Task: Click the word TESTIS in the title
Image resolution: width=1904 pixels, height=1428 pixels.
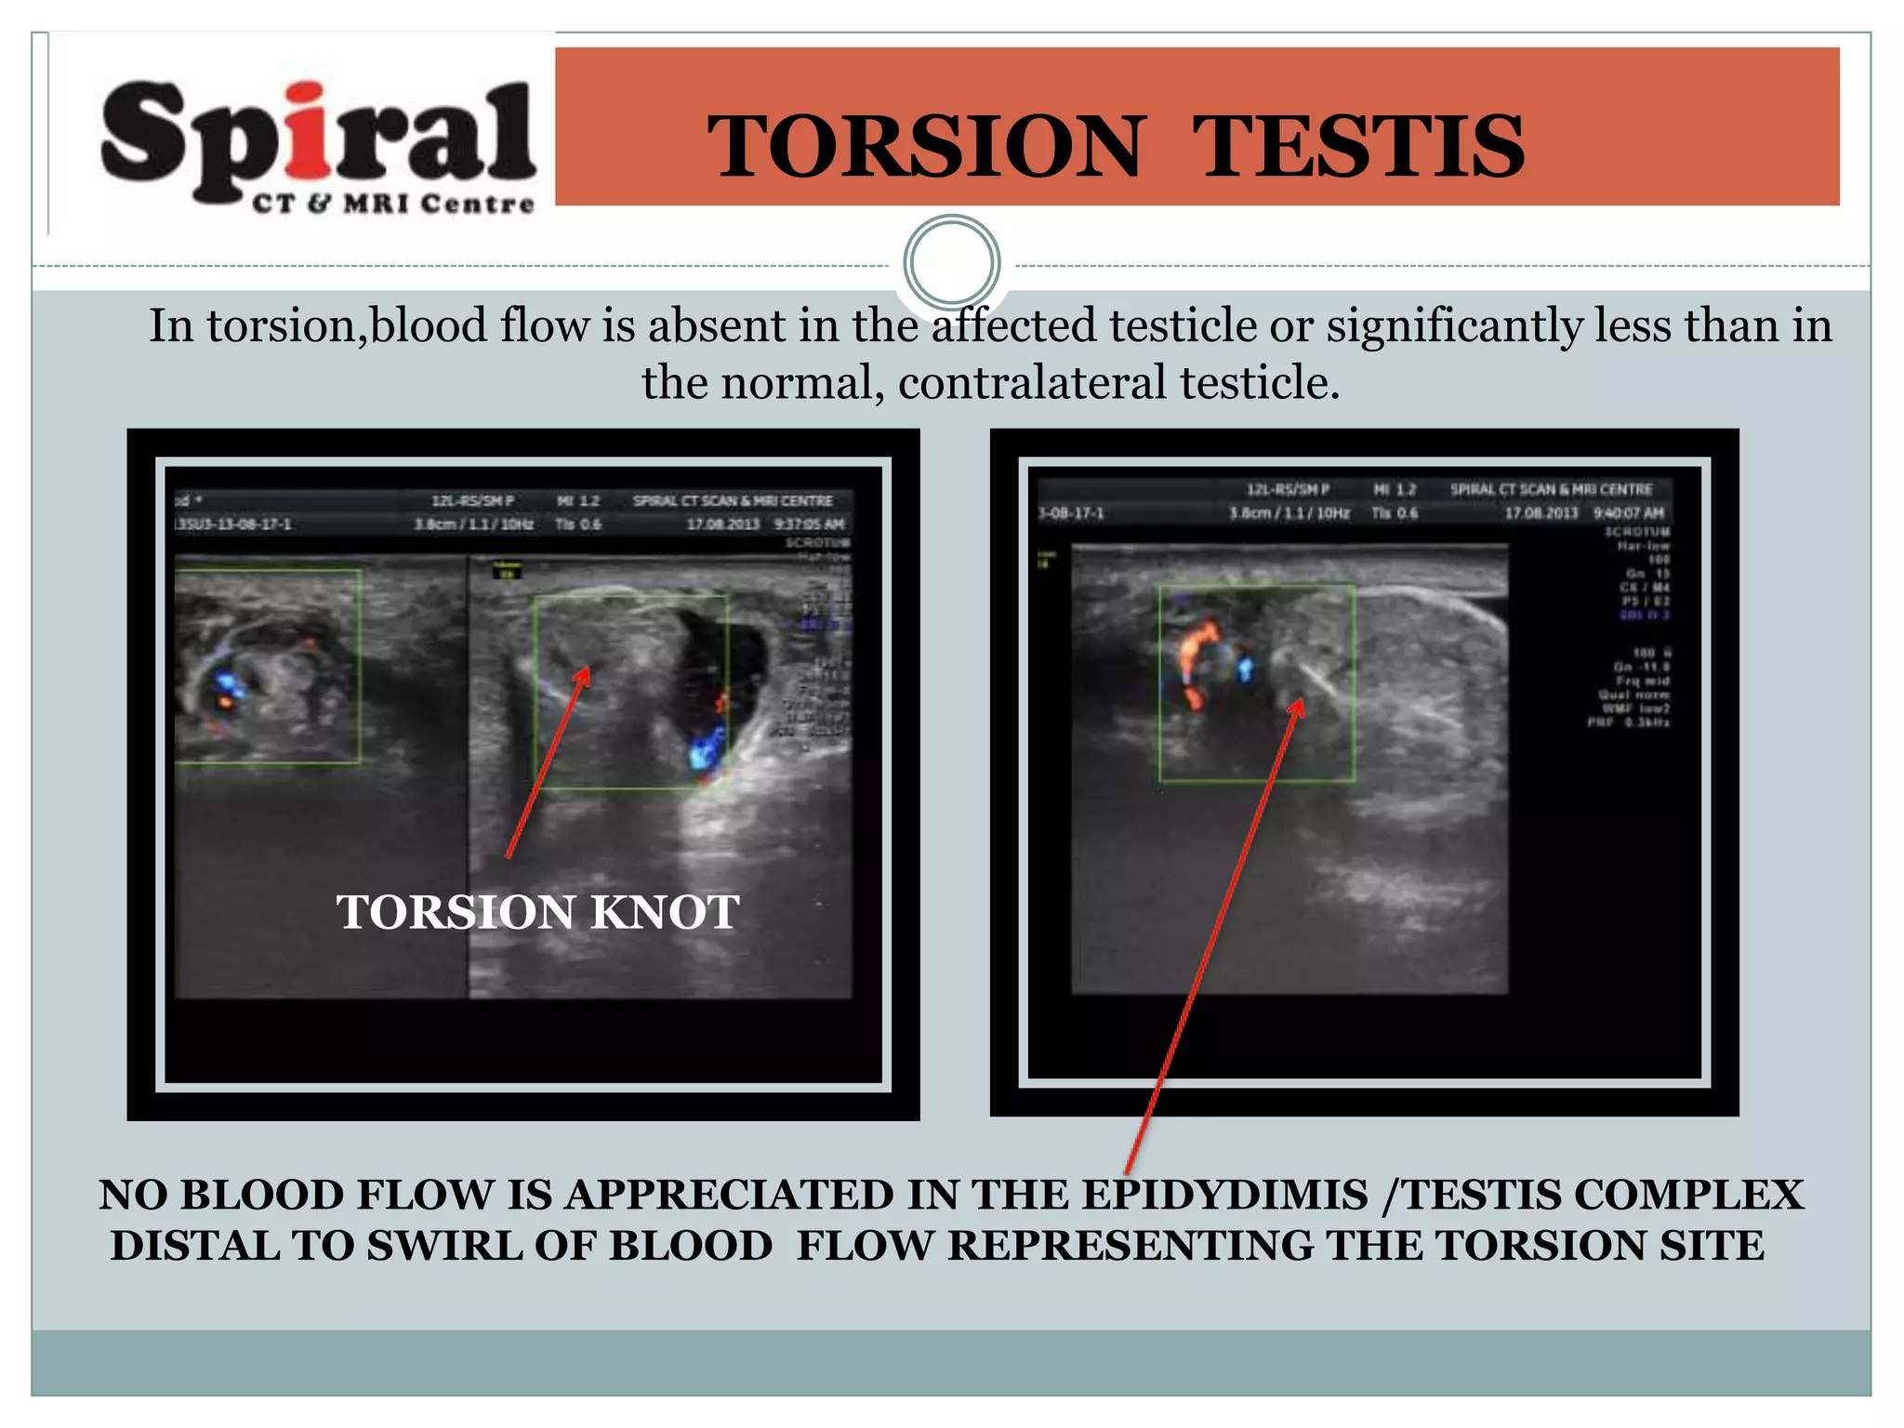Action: coord(1358,147)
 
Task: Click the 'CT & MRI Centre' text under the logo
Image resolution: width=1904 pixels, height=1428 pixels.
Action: coord(393,204)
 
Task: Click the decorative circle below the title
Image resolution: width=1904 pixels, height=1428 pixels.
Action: coord(951,262)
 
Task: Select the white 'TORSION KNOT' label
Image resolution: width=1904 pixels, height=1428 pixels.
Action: coord(537,912)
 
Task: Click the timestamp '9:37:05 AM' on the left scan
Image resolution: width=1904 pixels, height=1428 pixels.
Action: coord(809,524)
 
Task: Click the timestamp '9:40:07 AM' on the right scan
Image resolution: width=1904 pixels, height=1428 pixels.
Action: coord(1629,512)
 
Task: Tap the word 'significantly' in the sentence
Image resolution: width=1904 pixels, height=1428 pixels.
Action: coord(1453,326)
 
